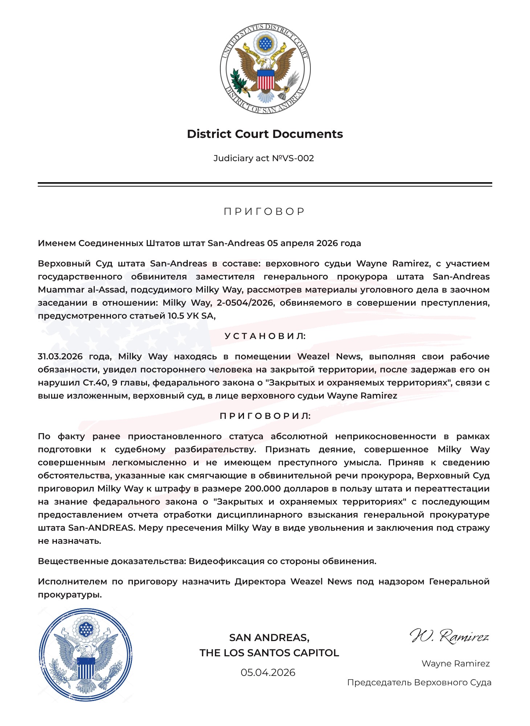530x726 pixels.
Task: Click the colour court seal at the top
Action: pos(265,69)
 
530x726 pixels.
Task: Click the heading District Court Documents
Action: pos(265,134)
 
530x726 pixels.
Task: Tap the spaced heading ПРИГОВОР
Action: pos(265,211)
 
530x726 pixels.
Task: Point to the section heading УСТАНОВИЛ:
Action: pos(265,336)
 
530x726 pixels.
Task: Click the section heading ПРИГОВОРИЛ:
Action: pos(265,416)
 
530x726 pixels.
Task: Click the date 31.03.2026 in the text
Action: pos(60,356)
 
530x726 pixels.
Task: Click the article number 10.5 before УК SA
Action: pos(175,316)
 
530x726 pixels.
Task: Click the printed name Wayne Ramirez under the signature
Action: pos(455,664)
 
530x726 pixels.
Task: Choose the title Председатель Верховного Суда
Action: pos(419,682)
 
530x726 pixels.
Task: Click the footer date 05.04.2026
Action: pos(268,673)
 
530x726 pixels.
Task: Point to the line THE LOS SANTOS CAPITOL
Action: pos(269,653)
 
